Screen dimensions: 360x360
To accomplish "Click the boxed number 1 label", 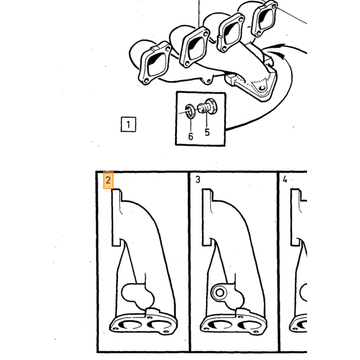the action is pos(129,124).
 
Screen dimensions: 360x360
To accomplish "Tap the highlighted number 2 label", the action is pos(108,180).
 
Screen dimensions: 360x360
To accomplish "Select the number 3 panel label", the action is pos(198,179).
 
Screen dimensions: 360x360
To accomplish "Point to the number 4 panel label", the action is pos(285,179).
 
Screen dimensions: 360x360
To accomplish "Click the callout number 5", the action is pos(207,132).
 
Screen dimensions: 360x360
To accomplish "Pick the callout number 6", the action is pos(191,136).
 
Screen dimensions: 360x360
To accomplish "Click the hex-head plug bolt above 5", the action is pos(207,106).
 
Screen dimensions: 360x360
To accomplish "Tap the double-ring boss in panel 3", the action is pos(220,293).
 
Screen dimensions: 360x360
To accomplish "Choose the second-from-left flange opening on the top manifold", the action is pos(195,48).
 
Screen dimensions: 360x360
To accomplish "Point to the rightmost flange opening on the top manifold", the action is pos(265,19).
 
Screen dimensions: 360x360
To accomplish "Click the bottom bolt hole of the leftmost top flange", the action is pos(146,81).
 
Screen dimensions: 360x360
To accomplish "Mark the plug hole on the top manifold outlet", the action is pos(262,88).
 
